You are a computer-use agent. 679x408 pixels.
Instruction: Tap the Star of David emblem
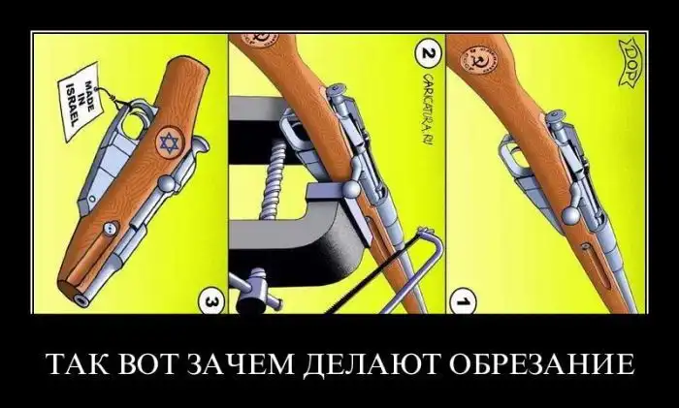[x=170, y=142]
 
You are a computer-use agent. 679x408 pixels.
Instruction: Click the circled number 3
[x=211, y=300]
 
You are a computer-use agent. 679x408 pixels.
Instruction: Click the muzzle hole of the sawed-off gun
[x=81, y=299]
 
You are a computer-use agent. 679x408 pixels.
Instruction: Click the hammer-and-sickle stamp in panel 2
[x=260, y=40]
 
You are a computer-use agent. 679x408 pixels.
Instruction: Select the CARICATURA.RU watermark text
[x=427, y=110]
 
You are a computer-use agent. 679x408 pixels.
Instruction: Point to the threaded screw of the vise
[x=272, y=178]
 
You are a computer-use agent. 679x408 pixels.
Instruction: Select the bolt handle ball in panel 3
[x=167, y=184]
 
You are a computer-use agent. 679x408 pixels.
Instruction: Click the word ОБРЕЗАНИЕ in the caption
[x=541, y=364]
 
